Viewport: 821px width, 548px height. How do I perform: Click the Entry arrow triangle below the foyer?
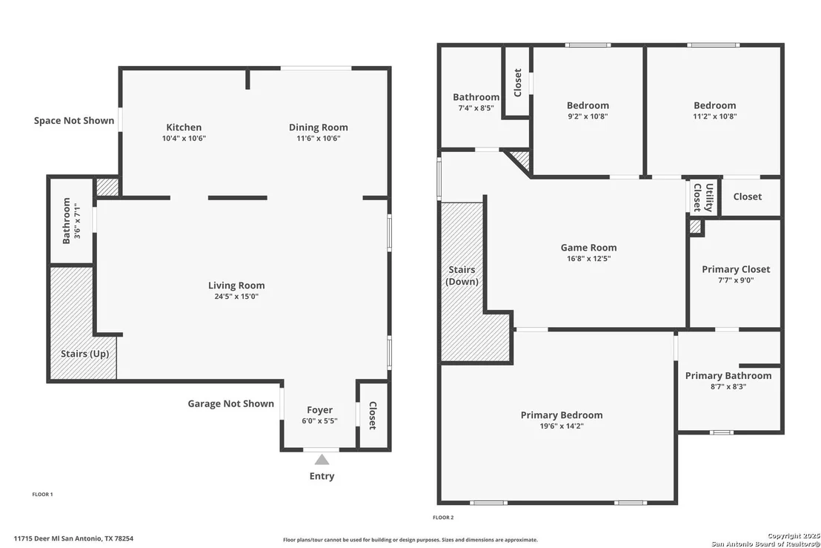(322, 460)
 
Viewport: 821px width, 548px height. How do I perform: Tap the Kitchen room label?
(184, 128)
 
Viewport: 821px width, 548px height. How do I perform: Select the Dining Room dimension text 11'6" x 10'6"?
(319, 139)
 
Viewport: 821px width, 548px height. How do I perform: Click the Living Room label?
(236, 285)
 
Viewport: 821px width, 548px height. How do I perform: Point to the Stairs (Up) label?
(84, 354)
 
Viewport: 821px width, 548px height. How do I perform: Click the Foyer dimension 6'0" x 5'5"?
(319, 420)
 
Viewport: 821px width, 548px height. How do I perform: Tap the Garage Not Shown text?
(231, 403)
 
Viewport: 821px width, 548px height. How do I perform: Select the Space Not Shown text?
(74, 120)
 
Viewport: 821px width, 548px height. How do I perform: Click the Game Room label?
(588, 247)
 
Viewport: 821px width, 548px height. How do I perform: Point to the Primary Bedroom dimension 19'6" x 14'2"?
(562, 426)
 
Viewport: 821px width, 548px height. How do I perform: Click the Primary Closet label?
(736, 269)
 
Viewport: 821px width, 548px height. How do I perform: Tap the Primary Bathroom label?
(728, 376)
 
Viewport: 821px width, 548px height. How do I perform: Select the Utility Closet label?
(703, 197)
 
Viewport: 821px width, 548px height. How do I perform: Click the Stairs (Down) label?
(462, 276)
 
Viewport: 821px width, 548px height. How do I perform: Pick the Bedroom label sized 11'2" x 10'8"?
(715, 105)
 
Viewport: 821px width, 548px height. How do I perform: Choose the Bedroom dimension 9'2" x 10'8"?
(588, 116)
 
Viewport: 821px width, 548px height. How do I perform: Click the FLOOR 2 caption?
(443, 518)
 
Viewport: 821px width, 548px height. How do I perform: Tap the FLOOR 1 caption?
(42, 494)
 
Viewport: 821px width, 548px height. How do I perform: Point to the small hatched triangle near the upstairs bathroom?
(522, 159)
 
